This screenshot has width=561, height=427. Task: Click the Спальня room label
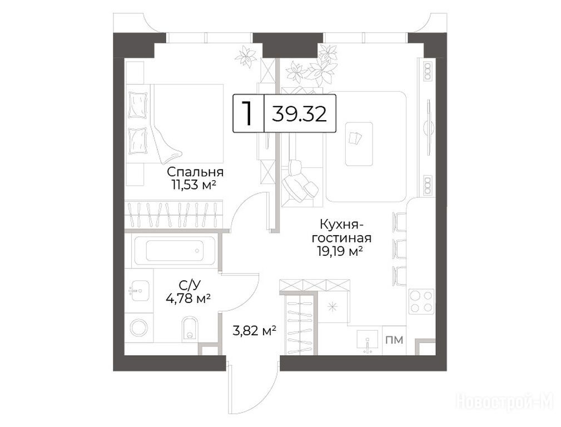pos(195,172)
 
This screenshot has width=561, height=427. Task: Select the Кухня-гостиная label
pos(341,231)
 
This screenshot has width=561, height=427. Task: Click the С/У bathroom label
pos(190,285)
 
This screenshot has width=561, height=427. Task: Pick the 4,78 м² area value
pos(188,298)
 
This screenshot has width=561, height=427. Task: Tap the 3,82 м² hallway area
pos(254,331)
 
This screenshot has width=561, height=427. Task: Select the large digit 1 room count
pos(247,113)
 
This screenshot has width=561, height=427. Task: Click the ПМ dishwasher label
pos(394,340)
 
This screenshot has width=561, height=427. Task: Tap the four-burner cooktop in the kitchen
pos(421,302)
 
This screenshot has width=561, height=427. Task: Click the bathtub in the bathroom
pos(174,250)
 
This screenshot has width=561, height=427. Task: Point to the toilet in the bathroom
pos(190,327)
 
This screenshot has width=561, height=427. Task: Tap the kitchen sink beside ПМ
pos(368,342)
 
